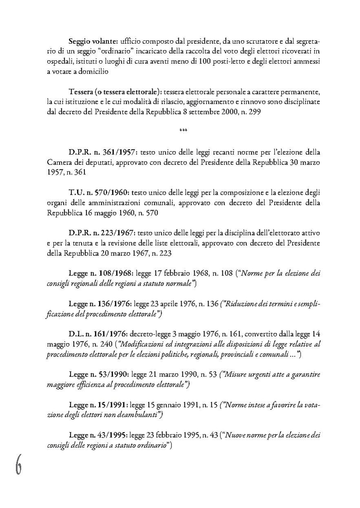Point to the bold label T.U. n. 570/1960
pyautogui.click(x=99, y=192)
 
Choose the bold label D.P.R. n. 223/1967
pyautogui.click(x=102, y=233)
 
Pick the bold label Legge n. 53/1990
pyautogui.click(x=99, y=375)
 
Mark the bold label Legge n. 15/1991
pyautogui.click(x=99, y=405)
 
